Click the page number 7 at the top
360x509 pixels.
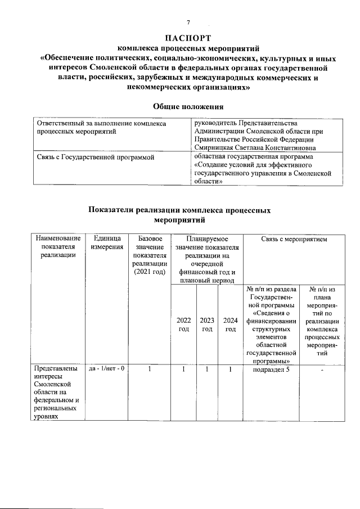tap(188, 22)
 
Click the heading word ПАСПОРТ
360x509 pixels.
tap(188, 38)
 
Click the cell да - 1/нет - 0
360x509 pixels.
tap(106, 369)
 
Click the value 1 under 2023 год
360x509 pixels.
tap(207, 369)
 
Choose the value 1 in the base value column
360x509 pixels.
tap(149, 369)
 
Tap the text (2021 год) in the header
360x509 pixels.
tap(149, 273)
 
